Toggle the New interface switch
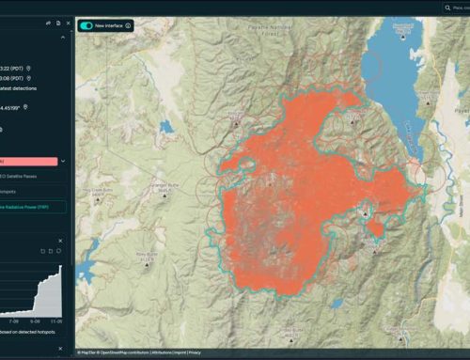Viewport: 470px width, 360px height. coord(86,25)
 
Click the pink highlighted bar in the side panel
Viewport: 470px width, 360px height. coord(28,162)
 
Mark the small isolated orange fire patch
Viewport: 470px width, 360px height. coord(376,227)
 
